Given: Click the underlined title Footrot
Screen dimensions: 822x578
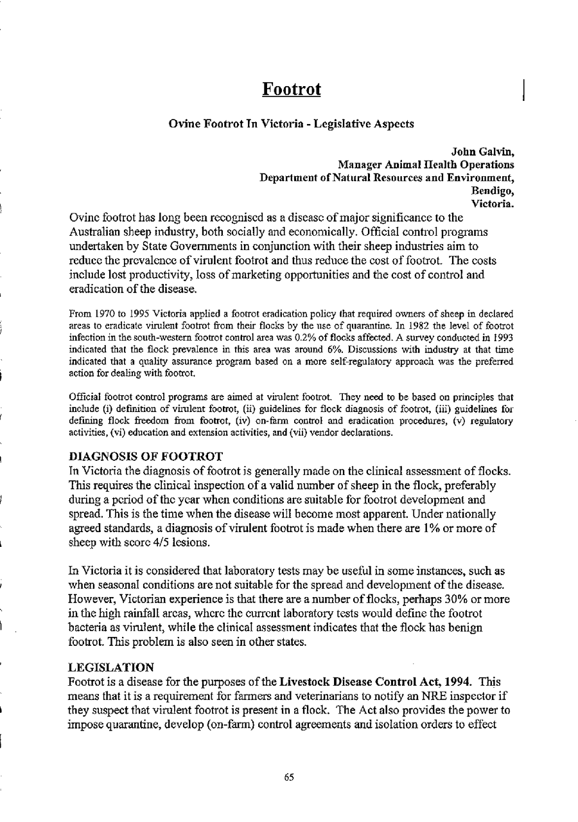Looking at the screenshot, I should (291, 89).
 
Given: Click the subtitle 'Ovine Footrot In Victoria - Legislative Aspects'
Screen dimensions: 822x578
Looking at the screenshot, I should (291, 123).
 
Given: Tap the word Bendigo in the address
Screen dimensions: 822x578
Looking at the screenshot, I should (494, 191).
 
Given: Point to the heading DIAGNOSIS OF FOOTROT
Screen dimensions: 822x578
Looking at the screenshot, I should (145, 456).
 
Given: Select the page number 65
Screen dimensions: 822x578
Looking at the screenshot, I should (289, 778).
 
